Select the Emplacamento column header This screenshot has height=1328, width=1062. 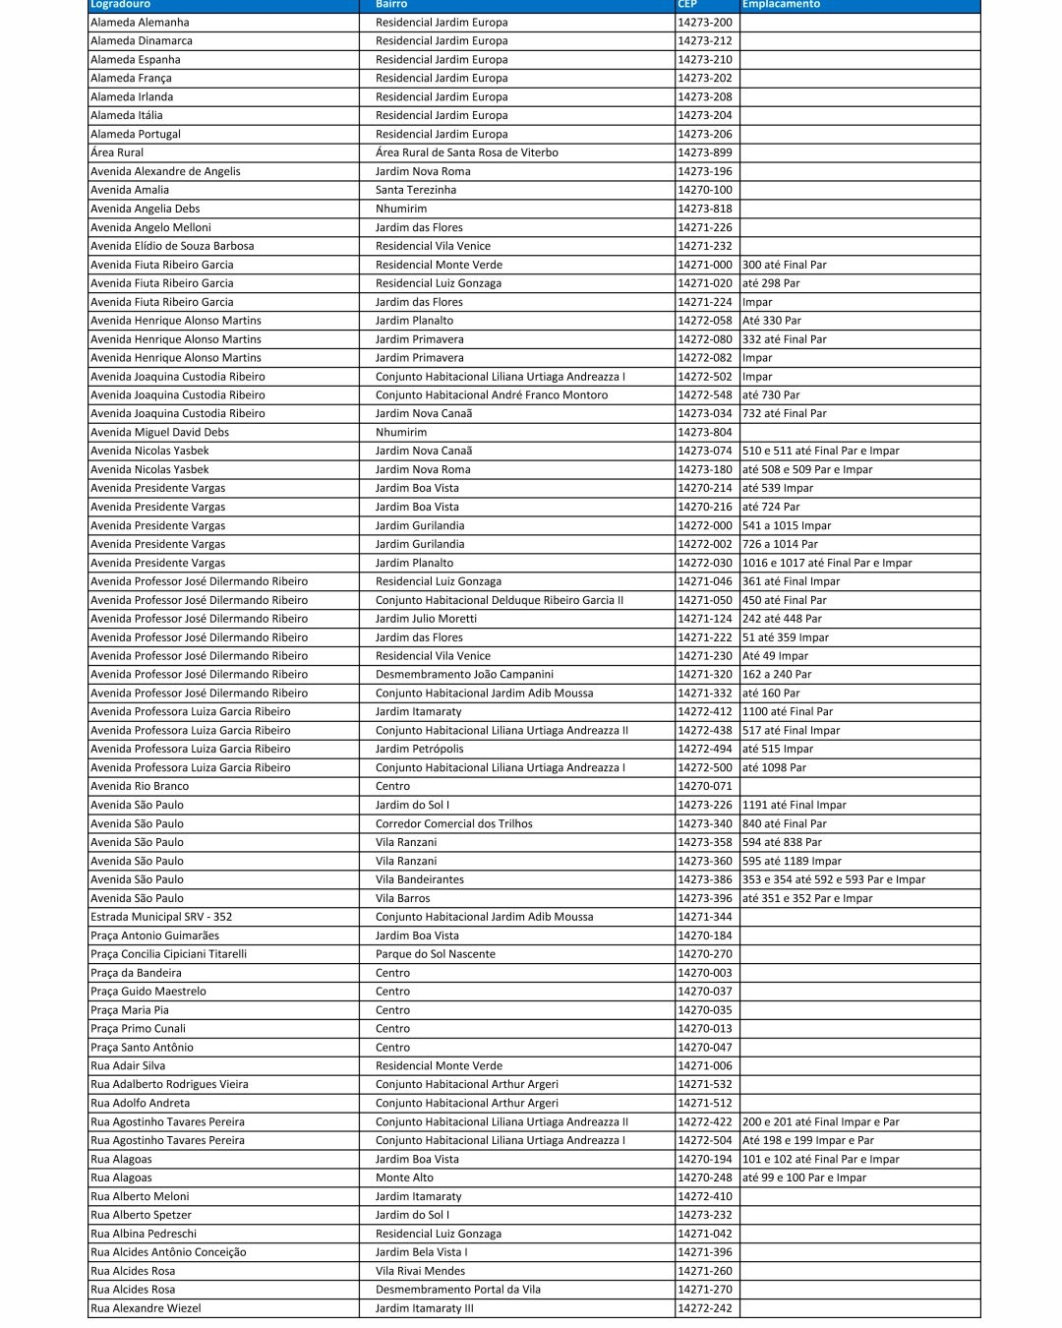click(781, 5)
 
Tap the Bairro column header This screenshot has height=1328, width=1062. click(391, 5)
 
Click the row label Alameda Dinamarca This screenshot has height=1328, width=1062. click(142, 41)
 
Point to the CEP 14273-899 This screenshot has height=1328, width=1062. click(704, 152)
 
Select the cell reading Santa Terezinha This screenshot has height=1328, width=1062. click(416, 190)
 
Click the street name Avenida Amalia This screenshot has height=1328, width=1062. click(130, 190)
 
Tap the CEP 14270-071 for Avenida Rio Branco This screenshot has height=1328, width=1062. click(704, 786)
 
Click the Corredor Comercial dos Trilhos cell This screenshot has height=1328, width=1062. click(453, 823)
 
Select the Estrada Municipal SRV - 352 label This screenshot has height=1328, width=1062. click(161, 917)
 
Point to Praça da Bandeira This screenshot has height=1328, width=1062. click(136, 973)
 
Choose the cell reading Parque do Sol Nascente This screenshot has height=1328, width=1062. click(435, 954)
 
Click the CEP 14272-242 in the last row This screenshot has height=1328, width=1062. click(704, 1308)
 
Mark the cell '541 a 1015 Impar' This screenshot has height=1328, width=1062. click(787, 525)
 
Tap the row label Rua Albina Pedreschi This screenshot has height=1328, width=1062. click(144, 1234)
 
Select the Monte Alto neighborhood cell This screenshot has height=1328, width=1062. click(404, 1177)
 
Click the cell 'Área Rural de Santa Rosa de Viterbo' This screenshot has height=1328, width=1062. click(466, 152)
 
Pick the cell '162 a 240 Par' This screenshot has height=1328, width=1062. click(777, 675)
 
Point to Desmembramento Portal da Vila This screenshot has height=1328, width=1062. click(457, 1290)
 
